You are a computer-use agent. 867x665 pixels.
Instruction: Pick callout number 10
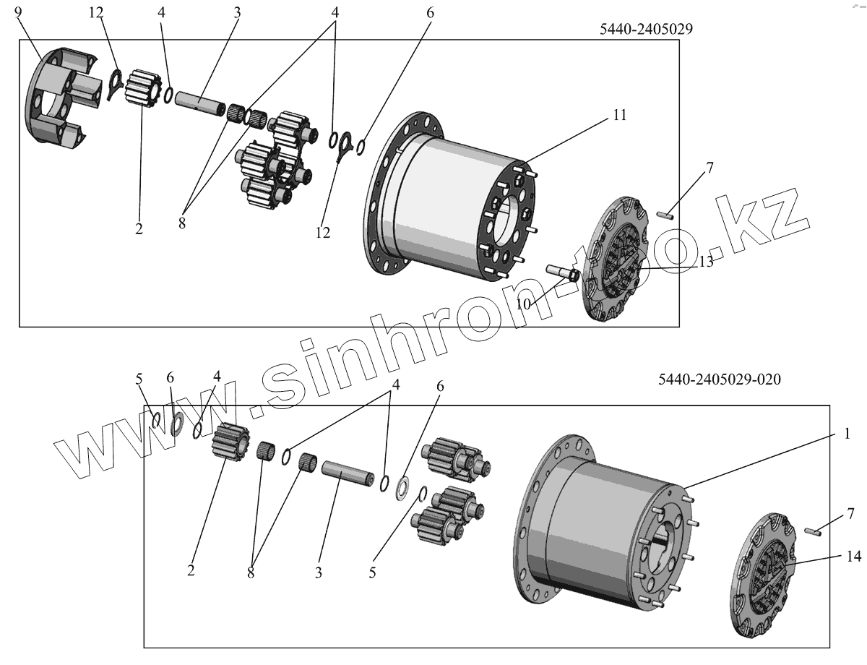click(x=522, y=304)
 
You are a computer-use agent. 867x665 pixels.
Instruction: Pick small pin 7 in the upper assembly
click(x=666, y=213)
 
